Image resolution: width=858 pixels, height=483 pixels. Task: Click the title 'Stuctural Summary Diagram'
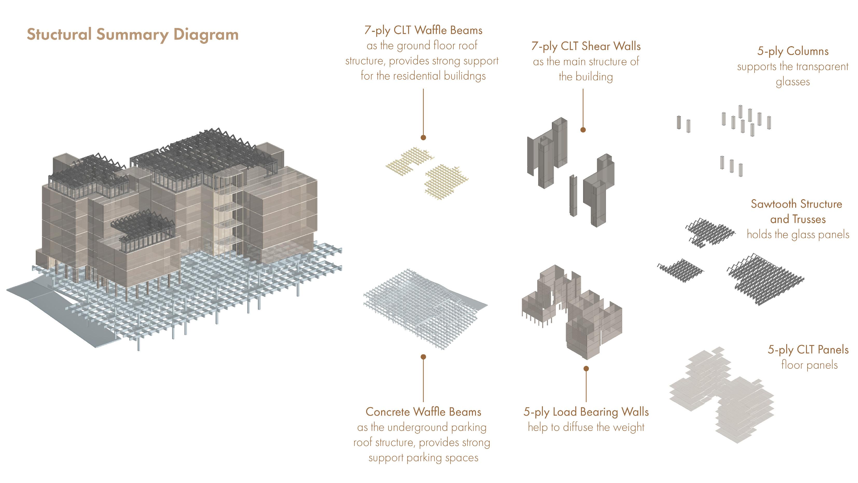(132, 35)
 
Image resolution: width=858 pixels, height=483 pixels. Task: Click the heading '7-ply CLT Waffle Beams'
(423, 30)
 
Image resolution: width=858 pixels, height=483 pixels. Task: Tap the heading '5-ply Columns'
(793, 51)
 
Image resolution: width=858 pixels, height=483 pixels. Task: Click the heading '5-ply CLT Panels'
(808, 350)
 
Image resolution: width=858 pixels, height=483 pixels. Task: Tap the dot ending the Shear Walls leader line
(583, 130)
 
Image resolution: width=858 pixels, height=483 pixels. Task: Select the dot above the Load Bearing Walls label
(586, 368)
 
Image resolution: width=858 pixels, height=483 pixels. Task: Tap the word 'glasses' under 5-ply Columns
(793, 82)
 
